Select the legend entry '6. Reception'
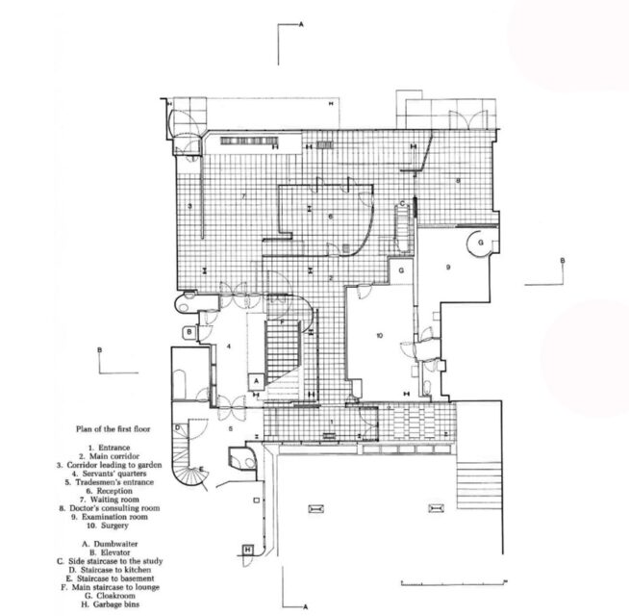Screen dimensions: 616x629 click(x=116, y=490)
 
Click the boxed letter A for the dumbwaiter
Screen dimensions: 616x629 click(x=257, y=380)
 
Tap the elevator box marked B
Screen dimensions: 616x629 click(x=190, y=333)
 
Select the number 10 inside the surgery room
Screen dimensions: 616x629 click(x=380, y=336)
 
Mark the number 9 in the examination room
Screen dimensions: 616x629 click(x=448, y=266)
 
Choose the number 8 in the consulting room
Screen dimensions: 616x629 click(x=459, y=180)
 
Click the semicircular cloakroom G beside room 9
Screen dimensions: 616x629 click(x=479, y=244)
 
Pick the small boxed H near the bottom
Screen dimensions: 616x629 click(x=247, y=550)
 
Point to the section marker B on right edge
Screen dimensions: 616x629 click(x=564, y=261)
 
